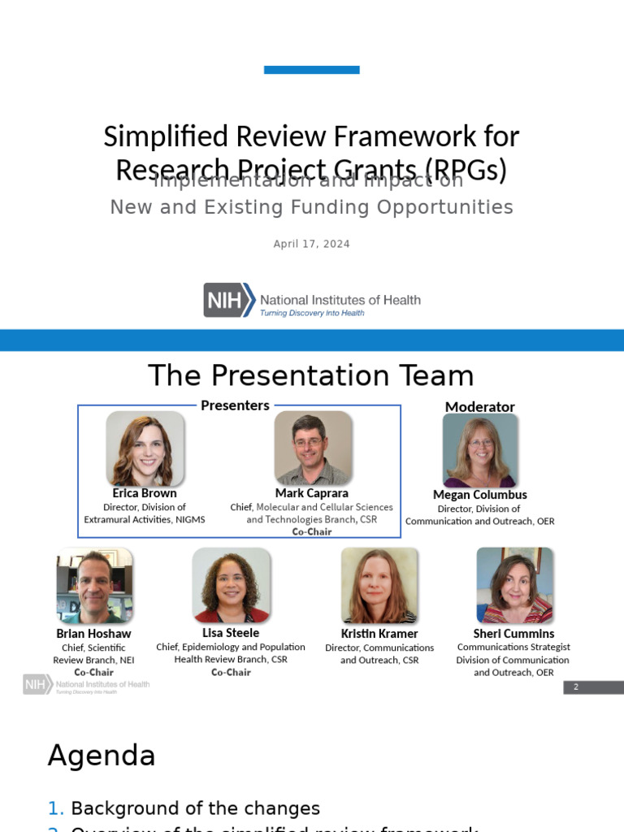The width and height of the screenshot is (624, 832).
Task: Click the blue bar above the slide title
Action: click(x=311, y=70)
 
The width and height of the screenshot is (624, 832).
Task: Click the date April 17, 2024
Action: click(x=311, y=244)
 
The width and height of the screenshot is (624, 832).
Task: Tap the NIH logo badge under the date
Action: click(x=224, y=300)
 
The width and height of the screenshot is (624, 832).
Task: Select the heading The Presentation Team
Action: click(x=310, y=375)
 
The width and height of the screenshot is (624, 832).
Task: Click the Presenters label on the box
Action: click(x=235, y=405)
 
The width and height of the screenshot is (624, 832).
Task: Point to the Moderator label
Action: click(x=479, y=406)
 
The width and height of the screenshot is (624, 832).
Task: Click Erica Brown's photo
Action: click(x=145, y=448)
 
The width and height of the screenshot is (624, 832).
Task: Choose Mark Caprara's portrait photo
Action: click(x=312, y=448)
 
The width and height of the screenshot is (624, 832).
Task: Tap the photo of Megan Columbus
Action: click(x=479, y=450)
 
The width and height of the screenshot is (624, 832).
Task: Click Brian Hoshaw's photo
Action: click(x=94, y=586)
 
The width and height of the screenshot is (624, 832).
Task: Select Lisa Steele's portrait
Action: click(x=231, y=585)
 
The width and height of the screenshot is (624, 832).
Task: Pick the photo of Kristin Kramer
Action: click(x=379, y=586)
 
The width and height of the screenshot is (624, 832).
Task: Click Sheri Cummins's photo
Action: click(x=513, y=586)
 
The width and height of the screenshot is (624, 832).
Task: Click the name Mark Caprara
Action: click(x=312, y=493)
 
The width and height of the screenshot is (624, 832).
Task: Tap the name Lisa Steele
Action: click(x=231, y=632)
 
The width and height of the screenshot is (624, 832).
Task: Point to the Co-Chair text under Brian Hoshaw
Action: click(x=93, y=673)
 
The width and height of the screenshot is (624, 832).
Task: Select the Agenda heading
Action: click(x=102, y=756)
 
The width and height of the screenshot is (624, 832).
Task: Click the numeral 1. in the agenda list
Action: click(x=55, y=808)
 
